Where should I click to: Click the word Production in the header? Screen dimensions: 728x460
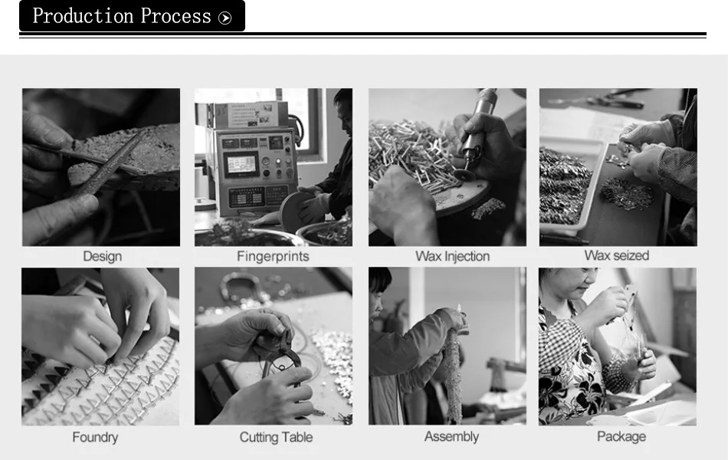(83, 16)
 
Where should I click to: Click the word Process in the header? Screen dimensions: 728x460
(176, 16)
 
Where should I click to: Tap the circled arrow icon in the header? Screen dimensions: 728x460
(225, 18)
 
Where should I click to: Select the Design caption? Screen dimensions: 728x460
(102, 257)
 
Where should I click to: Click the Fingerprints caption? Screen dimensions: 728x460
(273, 257)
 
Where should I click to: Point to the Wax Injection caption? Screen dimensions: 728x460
(453, 257)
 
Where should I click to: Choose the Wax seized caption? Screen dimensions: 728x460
(617, 255)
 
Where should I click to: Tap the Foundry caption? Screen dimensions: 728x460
(95, 437)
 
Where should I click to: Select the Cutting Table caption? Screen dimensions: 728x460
(276, 437)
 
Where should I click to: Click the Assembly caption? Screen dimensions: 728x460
(451, 437)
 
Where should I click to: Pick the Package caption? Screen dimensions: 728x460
(621, 437)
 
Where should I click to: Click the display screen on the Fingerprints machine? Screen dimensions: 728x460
(241, 164)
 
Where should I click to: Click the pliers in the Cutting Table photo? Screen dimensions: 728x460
(280, 363)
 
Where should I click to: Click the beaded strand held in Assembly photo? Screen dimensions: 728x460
(454, 372)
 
